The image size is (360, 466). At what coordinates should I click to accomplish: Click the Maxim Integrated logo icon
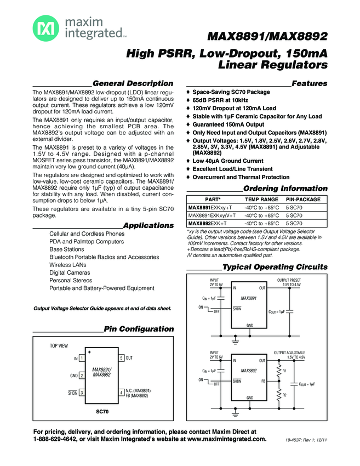point(43,27)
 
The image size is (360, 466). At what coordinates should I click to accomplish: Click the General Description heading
point(133,83)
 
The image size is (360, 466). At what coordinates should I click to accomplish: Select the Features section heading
point(310,83)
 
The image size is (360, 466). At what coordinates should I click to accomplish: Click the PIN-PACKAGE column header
point(304,200)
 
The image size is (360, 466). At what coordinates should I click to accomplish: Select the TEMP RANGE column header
point(261,200)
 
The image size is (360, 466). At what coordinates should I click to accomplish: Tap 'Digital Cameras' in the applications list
point(70,272)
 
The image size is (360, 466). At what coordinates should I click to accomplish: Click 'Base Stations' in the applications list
point(66,249)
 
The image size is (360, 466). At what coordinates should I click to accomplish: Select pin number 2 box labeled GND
point(81,376)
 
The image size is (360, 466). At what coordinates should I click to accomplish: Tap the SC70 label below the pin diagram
point(101,411)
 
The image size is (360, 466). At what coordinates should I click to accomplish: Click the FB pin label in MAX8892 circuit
point(263,380)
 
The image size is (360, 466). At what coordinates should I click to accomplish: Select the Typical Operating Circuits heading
point(275,267)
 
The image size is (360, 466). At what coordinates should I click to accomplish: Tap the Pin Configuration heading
point(139,329)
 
